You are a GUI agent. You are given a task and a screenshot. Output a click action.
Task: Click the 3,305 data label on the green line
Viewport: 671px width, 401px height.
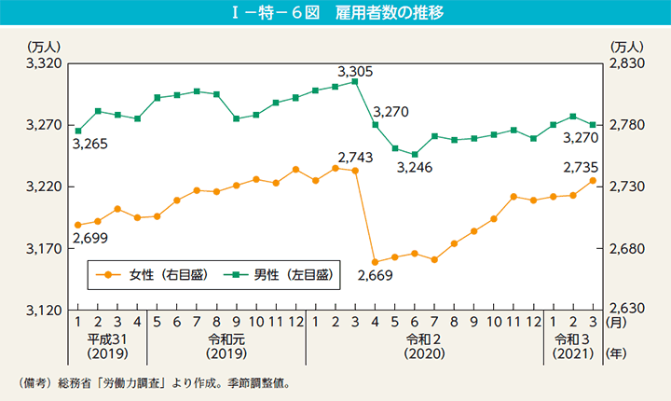pyautogui.click(x=355, y=70)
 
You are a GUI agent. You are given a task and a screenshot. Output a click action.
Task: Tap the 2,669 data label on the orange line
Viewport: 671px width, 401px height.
pyautogui.click(x=375, y=275)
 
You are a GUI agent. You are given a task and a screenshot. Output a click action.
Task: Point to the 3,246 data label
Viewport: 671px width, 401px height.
pyautogui.click(x=415, y=169)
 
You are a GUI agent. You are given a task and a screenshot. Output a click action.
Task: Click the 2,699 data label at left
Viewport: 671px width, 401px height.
pyautogui.click(x=89, y=239)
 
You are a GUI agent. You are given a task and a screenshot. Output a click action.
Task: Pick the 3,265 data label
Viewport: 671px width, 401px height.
pyautogui.click(x=89, y=145)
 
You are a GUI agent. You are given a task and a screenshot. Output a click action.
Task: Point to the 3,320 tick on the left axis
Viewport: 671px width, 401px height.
pyautogui.click(x=44, y=63)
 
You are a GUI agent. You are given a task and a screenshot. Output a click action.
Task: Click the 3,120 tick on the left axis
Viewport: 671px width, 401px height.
pyautogui.click(x=44, y=311)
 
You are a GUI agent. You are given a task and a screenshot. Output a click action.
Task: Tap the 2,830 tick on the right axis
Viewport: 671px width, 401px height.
pyautogui.click(x=626, y=63)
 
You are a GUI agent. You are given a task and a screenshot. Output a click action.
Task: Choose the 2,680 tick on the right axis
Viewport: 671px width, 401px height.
pyautogui.click(x=626, y=249)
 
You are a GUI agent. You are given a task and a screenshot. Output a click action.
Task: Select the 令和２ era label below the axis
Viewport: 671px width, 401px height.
pyautogui.click(x=425, y=338)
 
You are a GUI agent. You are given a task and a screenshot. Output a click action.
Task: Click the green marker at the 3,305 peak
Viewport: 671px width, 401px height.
pyautogui.click(x=355, y=82)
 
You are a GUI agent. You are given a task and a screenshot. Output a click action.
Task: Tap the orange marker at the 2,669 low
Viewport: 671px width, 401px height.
pyautogui.click(x=375, y=262)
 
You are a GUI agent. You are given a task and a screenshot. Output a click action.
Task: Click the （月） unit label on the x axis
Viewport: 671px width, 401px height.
pyautogui.click(x=617, y=321)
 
